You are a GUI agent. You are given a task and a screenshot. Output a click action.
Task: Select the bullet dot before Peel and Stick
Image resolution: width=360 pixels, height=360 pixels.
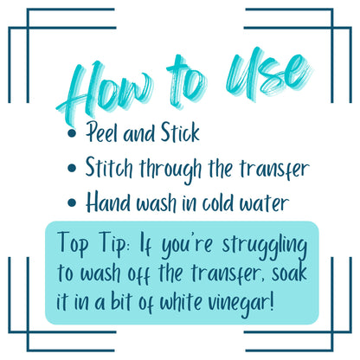tap(72, 133)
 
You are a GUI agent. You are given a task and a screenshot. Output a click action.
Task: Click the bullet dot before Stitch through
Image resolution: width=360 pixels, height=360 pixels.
tap(72, 168)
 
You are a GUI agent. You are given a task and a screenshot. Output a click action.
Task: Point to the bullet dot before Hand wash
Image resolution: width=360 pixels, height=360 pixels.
tap(72, 202)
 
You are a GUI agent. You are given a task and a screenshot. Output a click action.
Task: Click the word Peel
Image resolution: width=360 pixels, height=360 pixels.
tap(102, 132)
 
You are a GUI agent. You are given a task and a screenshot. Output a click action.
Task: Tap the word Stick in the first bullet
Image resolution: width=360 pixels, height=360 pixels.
tap(180, 132)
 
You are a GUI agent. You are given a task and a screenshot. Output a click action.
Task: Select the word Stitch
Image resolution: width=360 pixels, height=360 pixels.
tap(109, 168)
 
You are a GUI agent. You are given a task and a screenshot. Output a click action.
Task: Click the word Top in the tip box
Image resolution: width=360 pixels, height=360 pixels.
tap(73, 244)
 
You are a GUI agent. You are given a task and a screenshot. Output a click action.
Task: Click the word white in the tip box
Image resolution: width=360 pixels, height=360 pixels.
tap(181, 302)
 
